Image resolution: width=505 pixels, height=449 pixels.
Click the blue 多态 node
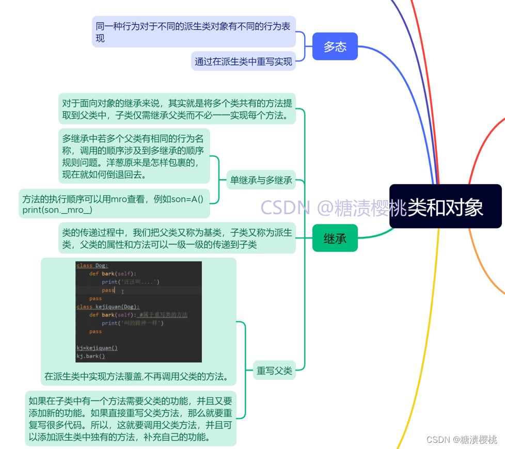click(x=335, y=46)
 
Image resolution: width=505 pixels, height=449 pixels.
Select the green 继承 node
click(x=335, y=238)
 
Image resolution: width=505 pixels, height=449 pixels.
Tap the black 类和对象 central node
click(x=445, y=206)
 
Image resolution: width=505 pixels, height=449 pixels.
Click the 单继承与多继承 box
click(x=261, y=180)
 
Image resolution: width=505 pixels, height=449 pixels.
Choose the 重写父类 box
click(x=274, y=371)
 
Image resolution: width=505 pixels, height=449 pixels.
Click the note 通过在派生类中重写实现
click(x=243, y=61)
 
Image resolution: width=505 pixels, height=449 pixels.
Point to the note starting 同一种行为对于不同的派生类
click(x=194, y=31)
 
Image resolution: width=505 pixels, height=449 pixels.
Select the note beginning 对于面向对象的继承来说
click(x=177, y=109)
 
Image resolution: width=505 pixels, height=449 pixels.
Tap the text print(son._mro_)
click(x=57, y=210)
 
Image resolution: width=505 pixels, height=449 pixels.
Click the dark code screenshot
click(x=138, y=312)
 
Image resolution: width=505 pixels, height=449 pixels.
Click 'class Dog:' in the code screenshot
click(x=92, y=265)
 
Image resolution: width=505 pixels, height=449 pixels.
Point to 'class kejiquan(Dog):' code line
click(x=108, y=307)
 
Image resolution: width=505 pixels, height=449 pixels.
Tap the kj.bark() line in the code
click(x=91, y=356)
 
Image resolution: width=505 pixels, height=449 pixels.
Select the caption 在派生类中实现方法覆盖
click(x=137, y=376)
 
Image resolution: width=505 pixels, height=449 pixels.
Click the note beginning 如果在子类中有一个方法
click(x=131, y=419)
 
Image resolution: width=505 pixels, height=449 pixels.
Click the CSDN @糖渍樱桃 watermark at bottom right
click(x=462, y=439)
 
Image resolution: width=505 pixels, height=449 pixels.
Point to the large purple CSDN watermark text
click(x=333, y=207)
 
